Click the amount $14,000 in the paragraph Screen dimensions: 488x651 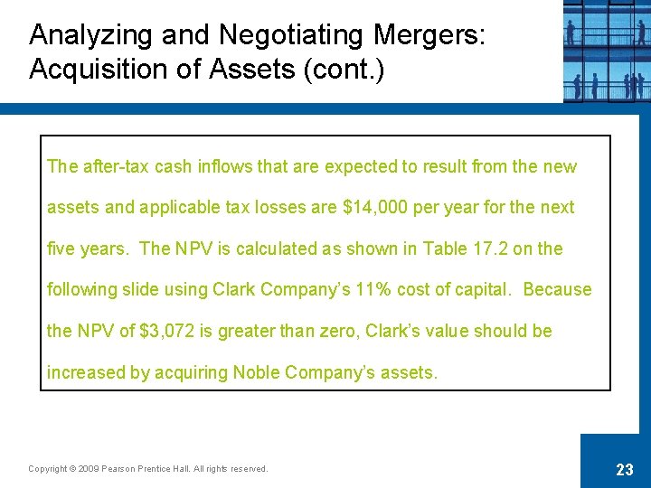pyautogui.click(x=375, y=208)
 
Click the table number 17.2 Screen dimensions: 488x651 pyautogui.click(x=490, y=249)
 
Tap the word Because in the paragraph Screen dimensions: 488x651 pyautogui.click(x=557, y=290)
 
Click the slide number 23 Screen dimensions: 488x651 pyautogui.click(x=624, y=470)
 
